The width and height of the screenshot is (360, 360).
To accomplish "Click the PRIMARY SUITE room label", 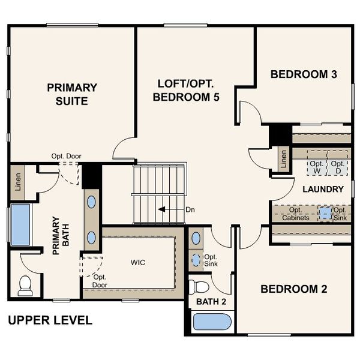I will pos(72,94).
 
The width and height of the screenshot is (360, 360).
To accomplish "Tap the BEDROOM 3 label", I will pos(303,74).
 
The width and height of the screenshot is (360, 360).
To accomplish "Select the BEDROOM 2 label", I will pos(293,289).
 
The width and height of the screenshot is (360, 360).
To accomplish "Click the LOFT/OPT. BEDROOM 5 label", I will pos(185,89).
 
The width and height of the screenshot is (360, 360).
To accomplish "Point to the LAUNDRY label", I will pos(323,189).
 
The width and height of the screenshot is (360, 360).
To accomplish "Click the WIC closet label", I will pos(138,263).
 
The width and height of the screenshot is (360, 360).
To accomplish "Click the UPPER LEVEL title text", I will pos(50,320).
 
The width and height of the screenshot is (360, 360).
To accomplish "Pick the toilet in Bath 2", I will pos(199,286).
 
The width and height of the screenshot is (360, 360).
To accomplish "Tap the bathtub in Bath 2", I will pos(212,322).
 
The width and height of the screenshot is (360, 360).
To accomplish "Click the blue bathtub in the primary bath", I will pos(20,224).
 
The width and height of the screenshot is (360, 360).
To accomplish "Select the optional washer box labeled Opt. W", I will pos(317,167).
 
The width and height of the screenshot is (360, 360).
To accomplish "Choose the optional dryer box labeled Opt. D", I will pos(338,167).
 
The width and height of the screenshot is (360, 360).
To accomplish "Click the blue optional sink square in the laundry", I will pos(325,212).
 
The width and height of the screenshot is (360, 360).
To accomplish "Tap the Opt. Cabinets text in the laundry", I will pos(296,214).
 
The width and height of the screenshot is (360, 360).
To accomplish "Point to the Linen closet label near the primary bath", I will pos(17,182).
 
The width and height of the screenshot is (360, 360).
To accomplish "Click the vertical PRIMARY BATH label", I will pos(59,236).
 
